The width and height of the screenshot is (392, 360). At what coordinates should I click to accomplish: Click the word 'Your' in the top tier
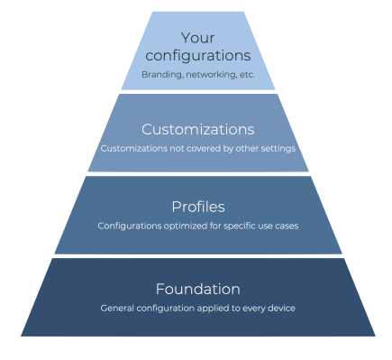198,37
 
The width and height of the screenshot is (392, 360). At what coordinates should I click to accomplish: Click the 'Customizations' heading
198,129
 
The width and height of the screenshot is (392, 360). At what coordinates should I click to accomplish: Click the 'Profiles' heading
197,208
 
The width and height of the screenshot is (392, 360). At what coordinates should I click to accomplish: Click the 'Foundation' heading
197,290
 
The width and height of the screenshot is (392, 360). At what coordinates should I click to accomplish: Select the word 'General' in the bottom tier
118,309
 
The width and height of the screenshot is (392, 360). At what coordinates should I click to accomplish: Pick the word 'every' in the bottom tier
251,309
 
